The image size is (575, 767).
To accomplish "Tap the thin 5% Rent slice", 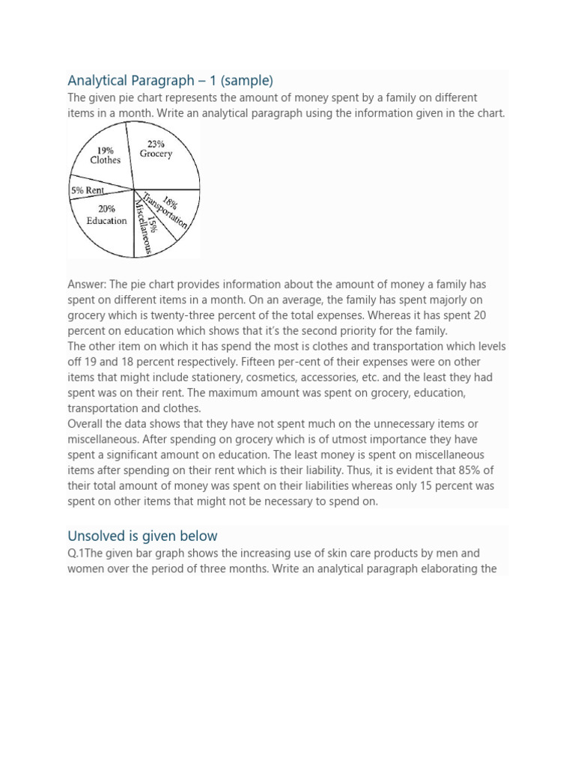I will [88, 191].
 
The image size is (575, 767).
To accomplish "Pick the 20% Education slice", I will [105, 217].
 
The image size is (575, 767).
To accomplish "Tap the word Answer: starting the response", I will [88, 285].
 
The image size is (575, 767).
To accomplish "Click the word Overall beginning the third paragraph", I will [87, 424].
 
